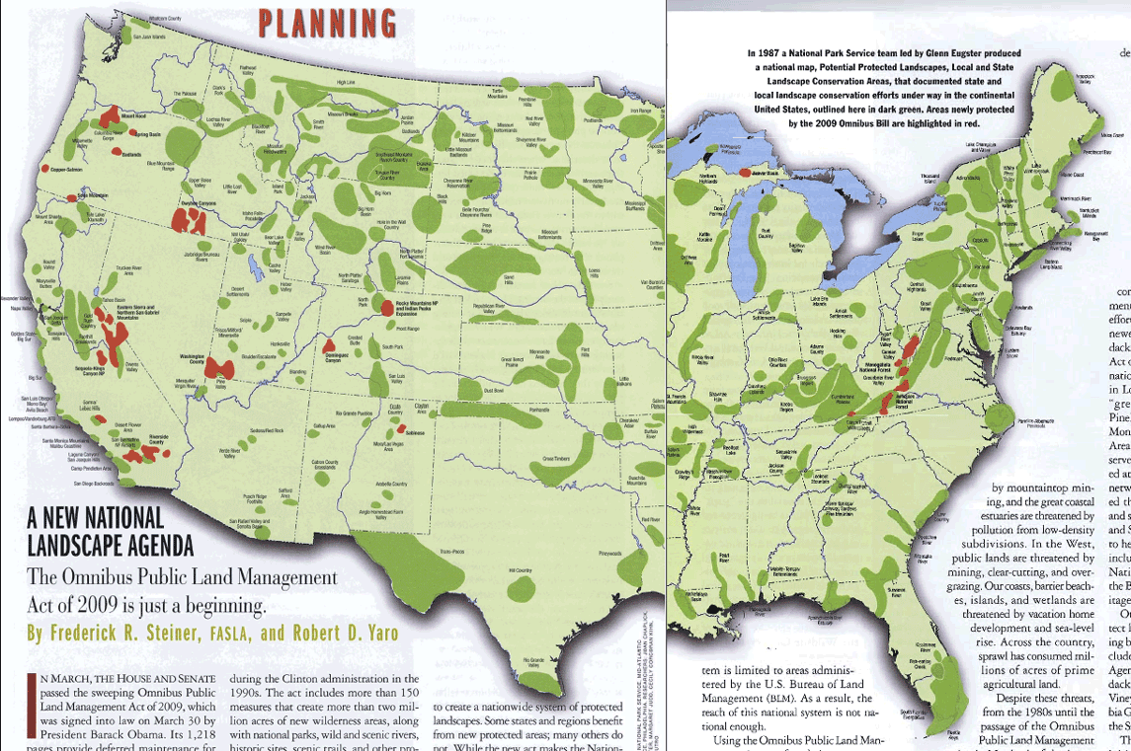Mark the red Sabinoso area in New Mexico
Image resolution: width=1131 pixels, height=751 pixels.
coord(402,429)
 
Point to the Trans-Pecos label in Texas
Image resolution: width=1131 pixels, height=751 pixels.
coord(452,550)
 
